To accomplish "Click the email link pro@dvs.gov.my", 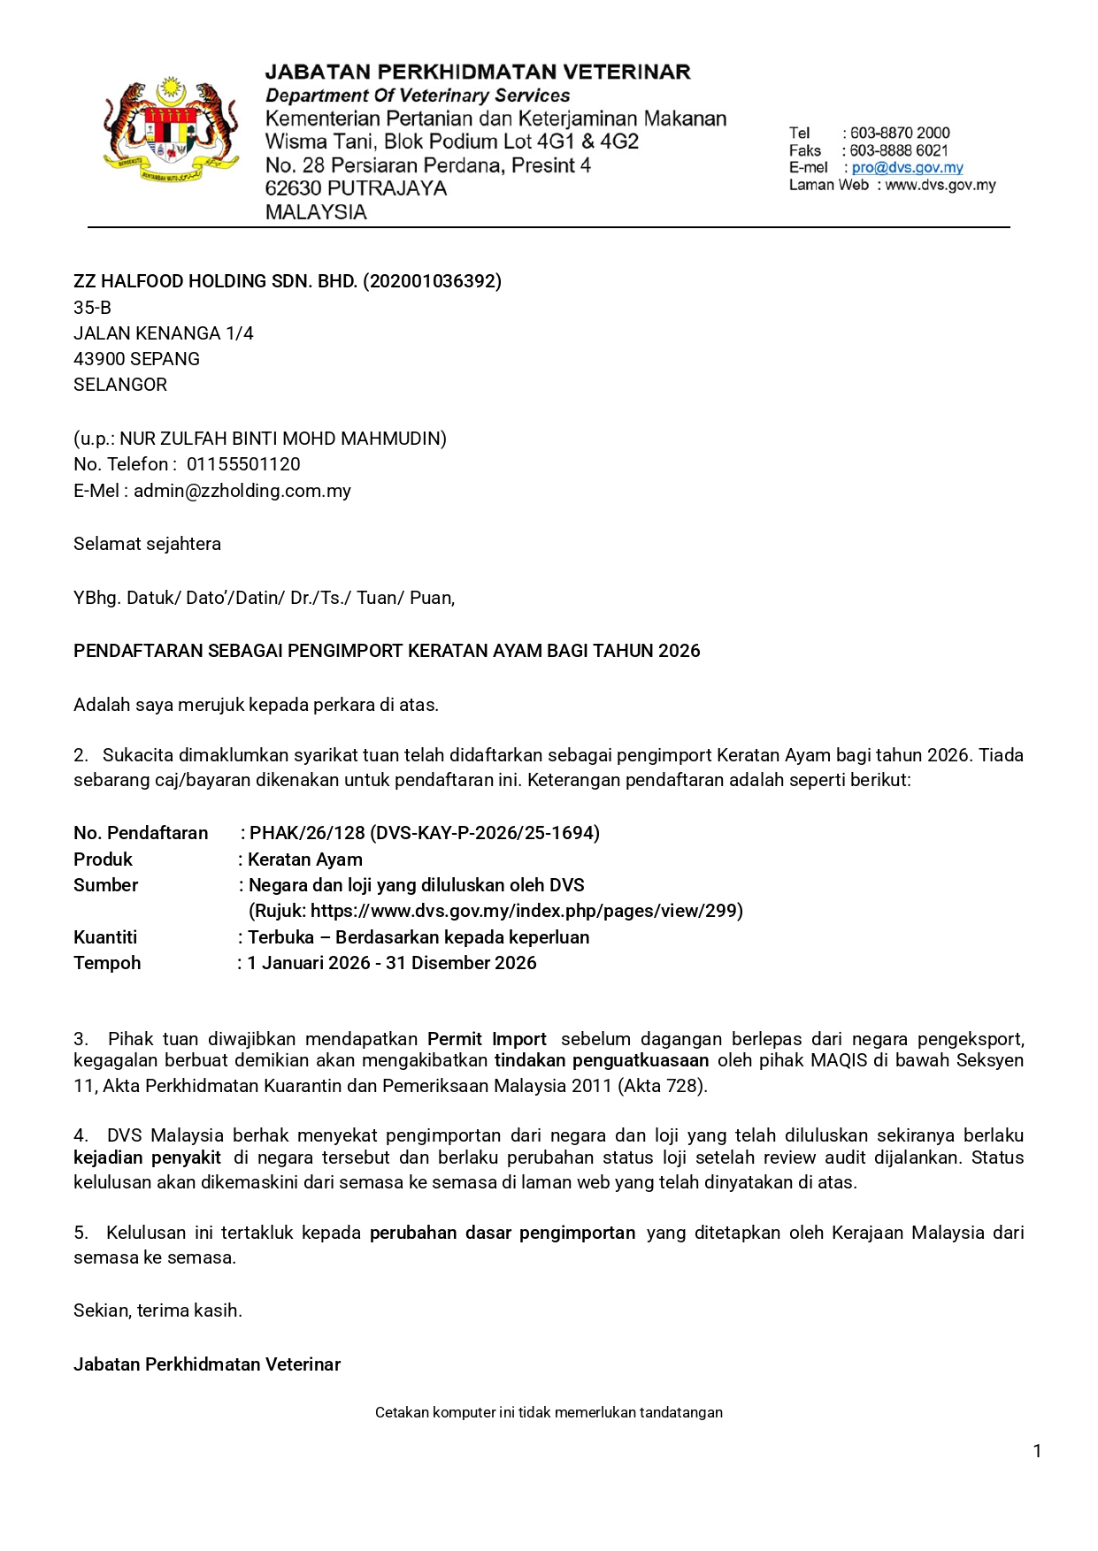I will tap(907, 168).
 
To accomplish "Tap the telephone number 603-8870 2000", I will tap(900, 134).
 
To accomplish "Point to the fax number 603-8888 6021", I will tap(899, 151).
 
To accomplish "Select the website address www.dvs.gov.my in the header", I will tap(940, 186).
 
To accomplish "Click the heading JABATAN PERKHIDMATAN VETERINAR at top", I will tap(478, 73).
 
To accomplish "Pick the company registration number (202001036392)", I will tap(433, 281).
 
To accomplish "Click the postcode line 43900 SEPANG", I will tap(136, 359).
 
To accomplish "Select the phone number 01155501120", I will tap(243, 464).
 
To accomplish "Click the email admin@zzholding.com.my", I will tap(242, 491).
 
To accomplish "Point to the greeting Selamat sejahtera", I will tap(147, 544).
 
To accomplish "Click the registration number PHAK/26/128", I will tap(307, 833).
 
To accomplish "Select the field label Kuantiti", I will tap(105, 937).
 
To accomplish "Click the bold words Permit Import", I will tap(487, 1039).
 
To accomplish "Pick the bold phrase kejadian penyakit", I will tap(147, 1158).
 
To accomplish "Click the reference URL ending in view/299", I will tap(526, 911).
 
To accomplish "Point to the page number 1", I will tap(1037, 1451).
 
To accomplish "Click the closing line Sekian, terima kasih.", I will tap(157, 1310).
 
